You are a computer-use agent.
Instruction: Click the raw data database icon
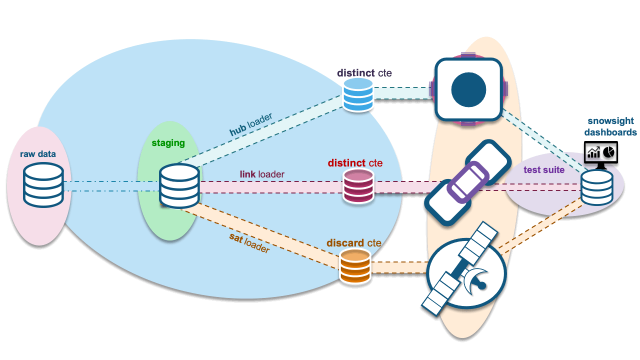coord(43,185)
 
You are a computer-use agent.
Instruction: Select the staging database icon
coord(179,186)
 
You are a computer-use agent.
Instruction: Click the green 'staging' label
coord(168,143)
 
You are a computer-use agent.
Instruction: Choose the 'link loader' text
coord(262,174)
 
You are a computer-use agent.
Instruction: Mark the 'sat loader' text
coord(249,242)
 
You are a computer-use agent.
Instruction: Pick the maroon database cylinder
coord(358,185)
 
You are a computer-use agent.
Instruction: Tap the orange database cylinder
coord(355,266)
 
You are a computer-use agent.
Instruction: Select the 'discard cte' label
coord(353,243)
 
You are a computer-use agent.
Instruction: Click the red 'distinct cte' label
coord(355,163)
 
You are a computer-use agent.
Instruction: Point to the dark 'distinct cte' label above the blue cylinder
coord(364,73)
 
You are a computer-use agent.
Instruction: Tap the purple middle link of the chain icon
coord(466,183)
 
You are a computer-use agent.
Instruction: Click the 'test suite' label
coord(544,170)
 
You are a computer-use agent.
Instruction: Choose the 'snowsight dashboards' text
coord(610,127)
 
